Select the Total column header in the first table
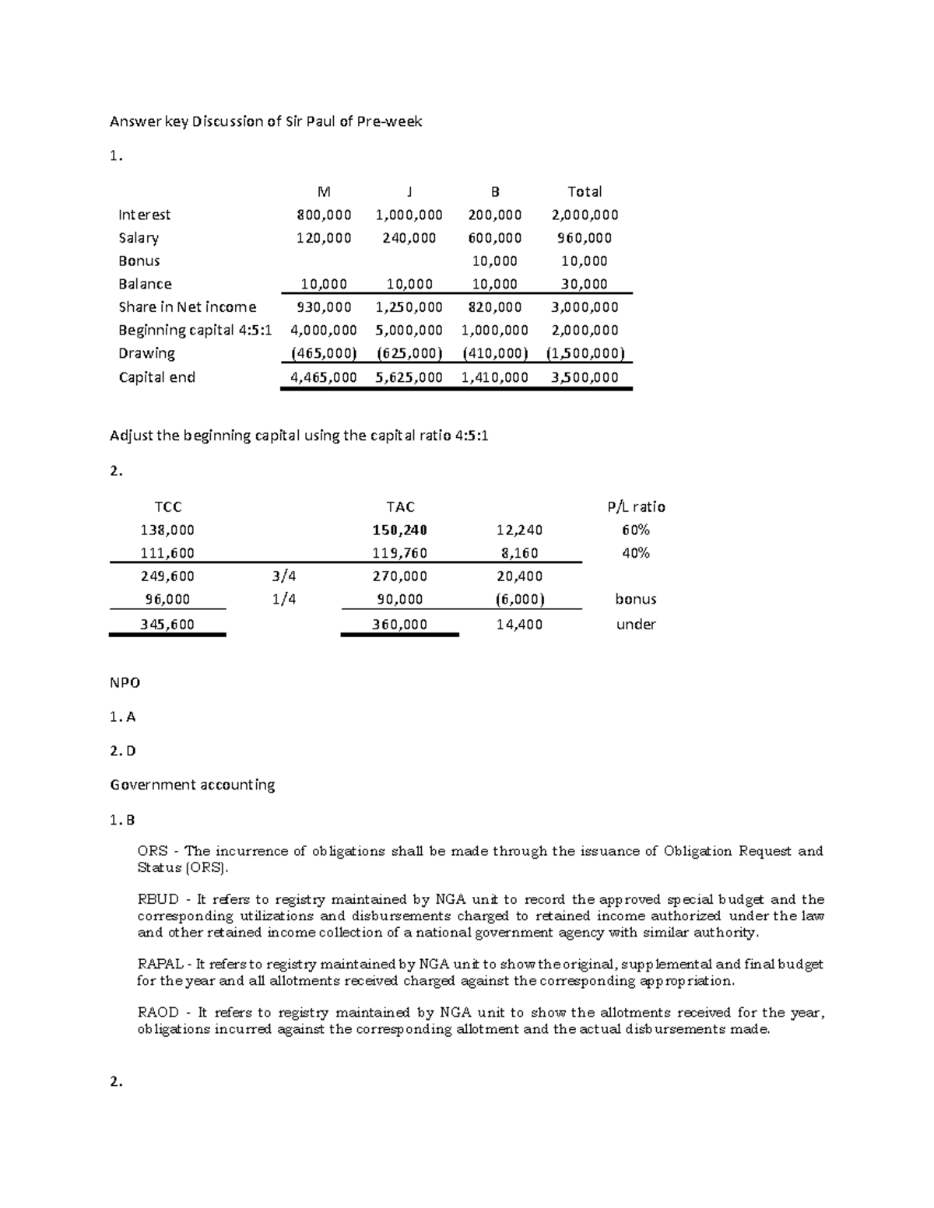pyautogui.click(x=585, y=191)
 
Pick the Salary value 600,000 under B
pyautogui.click(x=495, y=238)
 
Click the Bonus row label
pyautogui.click(x=139, y=261)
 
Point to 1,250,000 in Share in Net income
pyautogui.click(x=409, y=307)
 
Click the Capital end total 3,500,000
pyautogui.click(x=585, y=377)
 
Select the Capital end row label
pyautogui.click(x=156, y=377)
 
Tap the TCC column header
pyautogui.click(x=168, y=507)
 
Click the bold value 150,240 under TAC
pyautogui.click(x=400, y=530)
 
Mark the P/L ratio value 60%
pyautogui.click(x=636, y=530)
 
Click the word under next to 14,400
pyautogui.click(x=636, y=625)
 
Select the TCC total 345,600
pyautogui.click(x=168, y=625)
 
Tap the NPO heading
pyautogui.click(x=125, y=683)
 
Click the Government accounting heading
pyautogui.click(x=192, y=785)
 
